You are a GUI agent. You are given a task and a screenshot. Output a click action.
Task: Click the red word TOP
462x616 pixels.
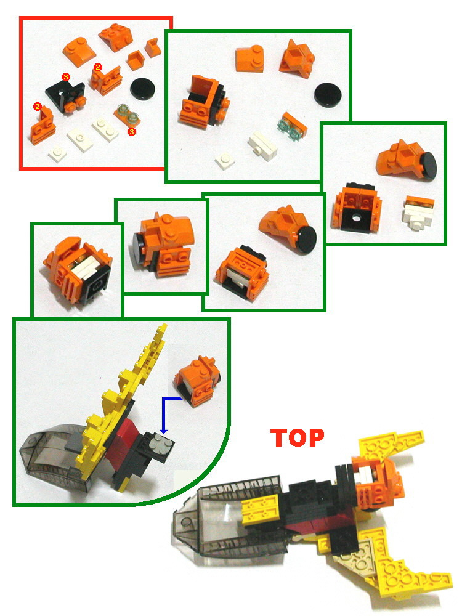(297, 437)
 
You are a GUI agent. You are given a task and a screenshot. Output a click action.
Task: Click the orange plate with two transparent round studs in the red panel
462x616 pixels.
(126, 113)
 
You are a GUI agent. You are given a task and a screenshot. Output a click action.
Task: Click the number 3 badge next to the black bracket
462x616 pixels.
(66, 76)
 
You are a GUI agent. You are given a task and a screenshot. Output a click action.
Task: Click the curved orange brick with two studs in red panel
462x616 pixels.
(78, 47)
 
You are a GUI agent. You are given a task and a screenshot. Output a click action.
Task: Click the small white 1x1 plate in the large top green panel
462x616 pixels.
(224, 162)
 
